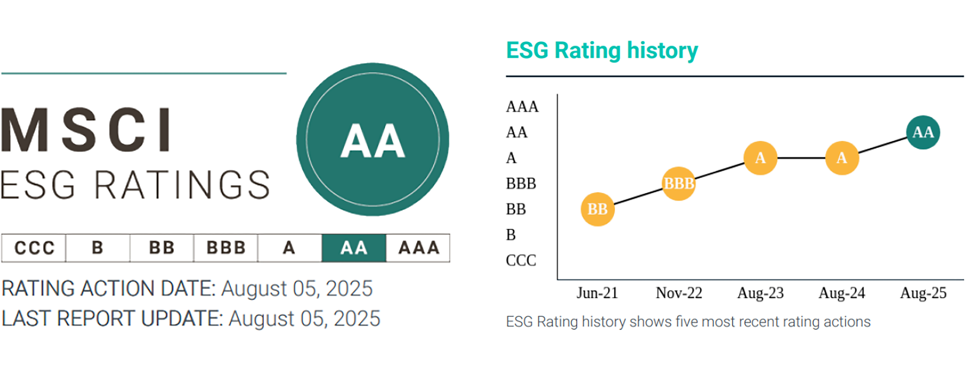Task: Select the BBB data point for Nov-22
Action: coord(678,183)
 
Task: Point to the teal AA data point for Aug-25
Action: coord(923,132)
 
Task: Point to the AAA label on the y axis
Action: coord(522,107)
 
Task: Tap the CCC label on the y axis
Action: coord(521,260)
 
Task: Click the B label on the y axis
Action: coord(511,235)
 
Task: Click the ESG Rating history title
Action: coord(602,51)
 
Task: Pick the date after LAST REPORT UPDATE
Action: coord(304,319)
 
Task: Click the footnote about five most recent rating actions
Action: coord(688,322)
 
